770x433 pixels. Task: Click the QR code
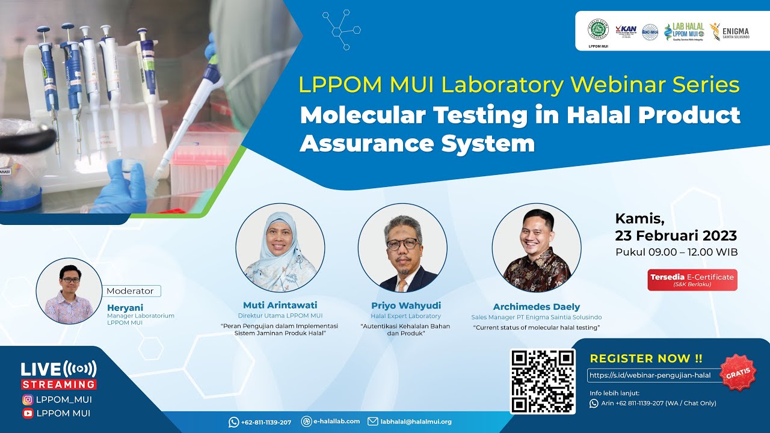coord(543,381)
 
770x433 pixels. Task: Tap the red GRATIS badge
coord(738,372)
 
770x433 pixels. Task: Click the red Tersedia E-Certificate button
coord(692,280)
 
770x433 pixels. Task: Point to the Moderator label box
coord(131,291)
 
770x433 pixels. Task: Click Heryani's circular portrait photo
coord(69,291)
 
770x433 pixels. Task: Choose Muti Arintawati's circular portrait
coord(280,248)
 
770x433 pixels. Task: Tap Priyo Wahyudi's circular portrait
coord(402,248)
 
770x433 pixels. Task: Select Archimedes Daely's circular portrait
coord(537,248)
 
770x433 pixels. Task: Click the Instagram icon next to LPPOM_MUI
coord(28,399)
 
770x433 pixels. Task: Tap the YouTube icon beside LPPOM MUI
coord(28,413)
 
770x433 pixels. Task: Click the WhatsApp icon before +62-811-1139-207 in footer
coord(234,422)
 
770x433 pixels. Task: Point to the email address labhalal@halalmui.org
coord(416,422)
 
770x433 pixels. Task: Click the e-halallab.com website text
coord(337,422)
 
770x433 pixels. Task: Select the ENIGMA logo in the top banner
coord(730,32)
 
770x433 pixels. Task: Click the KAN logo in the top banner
coord(626,31)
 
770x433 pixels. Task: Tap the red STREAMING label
coord(58,384)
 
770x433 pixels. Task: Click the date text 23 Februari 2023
coord(676,236)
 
